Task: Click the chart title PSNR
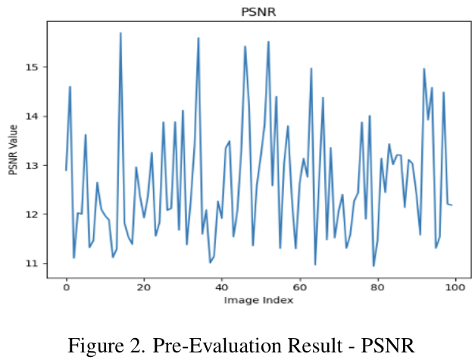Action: click(x=254, y=11)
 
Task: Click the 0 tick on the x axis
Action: click(x=66, y=287)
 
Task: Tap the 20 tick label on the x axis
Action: click(x=144, y=287)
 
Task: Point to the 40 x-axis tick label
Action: click(x=221, y=287)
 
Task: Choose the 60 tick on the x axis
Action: click(x=299, y=287)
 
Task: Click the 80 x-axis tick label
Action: click(x=377, y=287)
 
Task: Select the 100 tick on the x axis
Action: click(x=455, y=287)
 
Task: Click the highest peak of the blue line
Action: click(x=120, y=33)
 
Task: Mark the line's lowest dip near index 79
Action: click(x=373, y=266)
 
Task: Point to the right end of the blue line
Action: click(x=452, y=205)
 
